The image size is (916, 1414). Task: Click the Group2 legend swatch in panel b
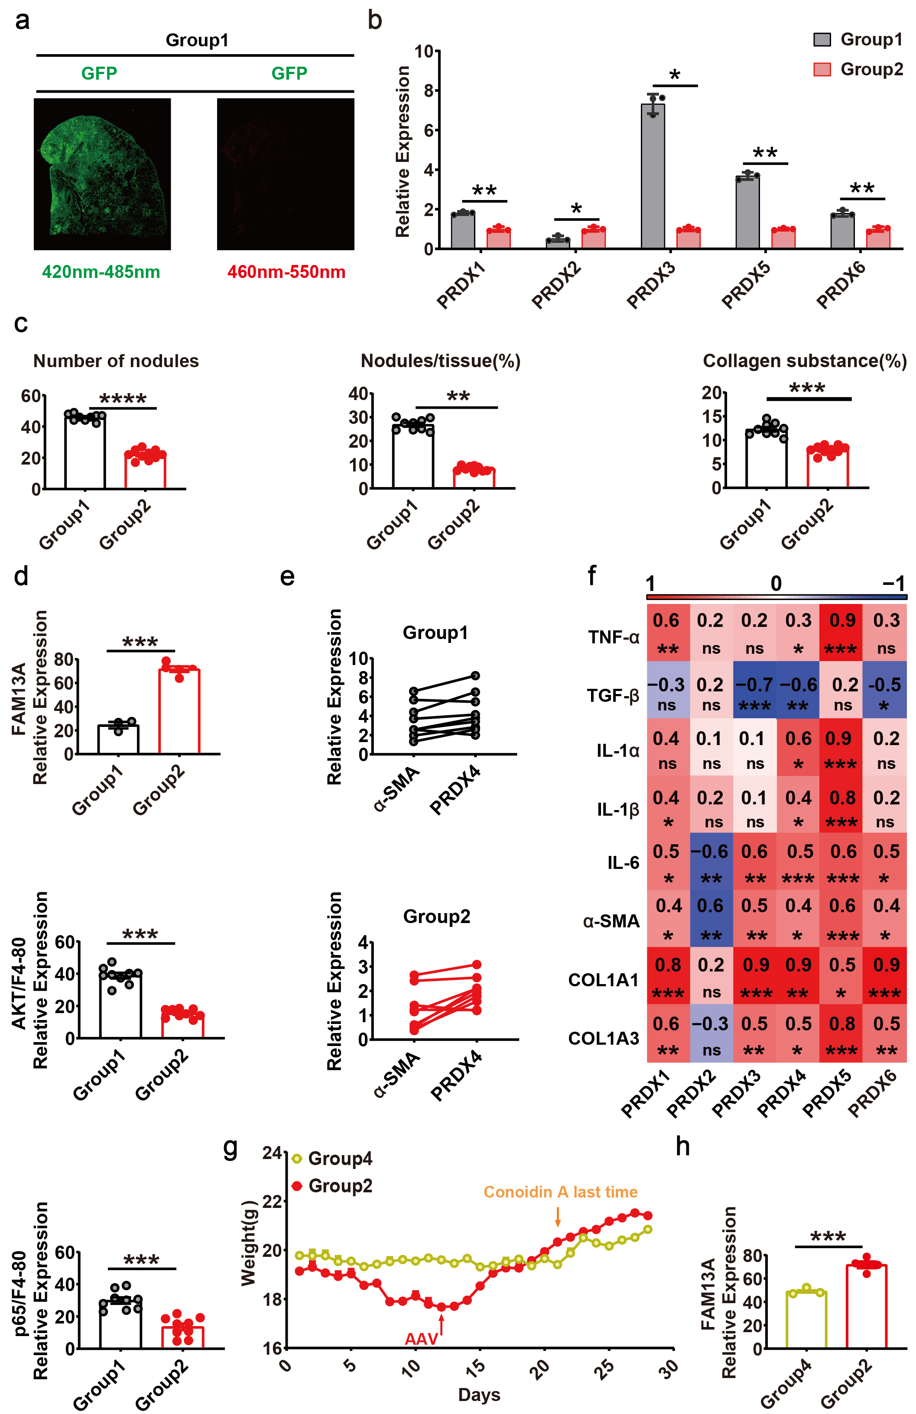822,70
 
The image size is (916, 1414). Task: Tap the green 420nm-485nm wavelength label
101,272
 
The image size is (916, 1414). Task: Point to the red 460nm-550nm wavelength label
286,272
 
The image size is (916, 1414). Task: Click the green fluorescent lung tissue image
102,174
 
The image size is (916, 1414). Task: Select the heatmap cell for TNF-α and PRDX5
841,632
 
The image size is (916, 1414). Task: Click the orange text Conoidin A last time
560,1192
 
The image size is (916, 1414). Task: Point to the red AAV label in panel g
421,1339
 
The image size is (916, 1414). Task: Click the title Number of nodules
116,361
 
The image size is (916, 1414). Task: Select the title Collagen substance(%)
804,361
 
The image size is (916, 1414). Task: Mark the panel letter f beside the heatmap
591,575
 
